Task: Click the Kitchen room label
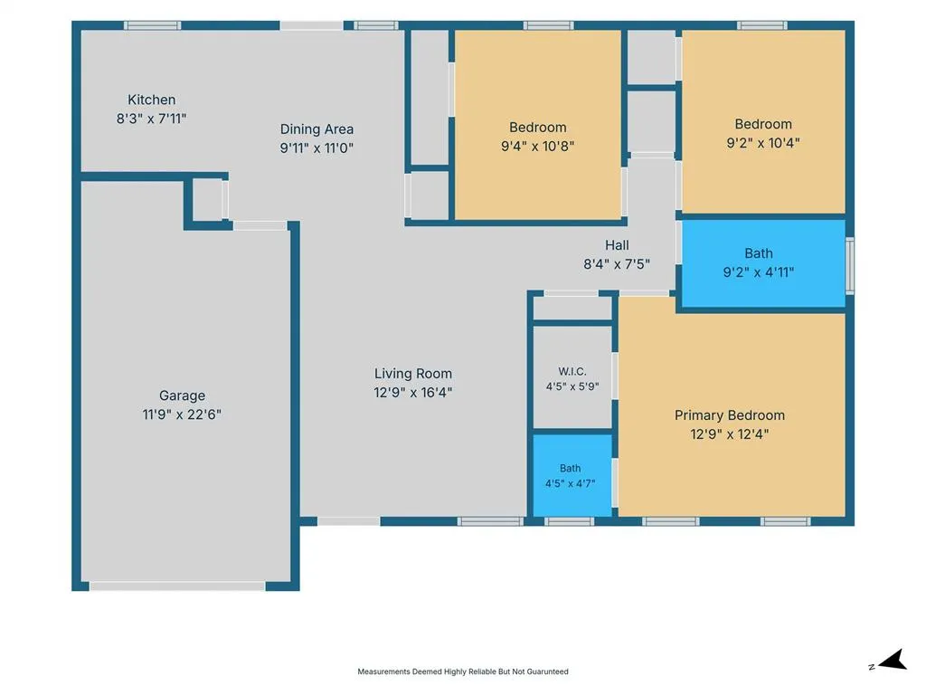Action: pyautogui.click(x=151, y=100)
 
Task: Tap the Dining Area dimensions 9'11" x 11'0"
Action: pyautogui.click(x=317, y=148)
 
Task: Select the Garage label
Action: pyautogui.click(x=182, y=395)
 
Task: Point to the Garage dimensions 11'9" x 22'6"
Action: pyautogui.click(x=182, y=414)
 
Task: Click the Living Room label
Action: pyautogui.click(x=412, y=374)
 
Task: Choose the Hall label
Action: pyautogui.click(x=617, y=244)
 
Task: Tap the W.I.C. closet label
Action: pyautogui.click(x=572, y=371)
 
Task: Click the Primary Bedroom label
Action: pyautogui.click(x=730, y=415)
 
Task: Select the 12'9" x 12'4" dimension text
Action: pyautogui.click(x=730, y=434)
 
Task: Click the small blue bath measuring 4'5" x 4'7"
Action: pyautogui.click(x=572, y=476)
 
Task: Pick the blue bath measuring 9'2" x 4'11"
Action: pyautogui.click(x=763, y=263)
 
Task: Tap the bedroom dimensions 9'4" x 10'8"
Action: pyautogui.click(x=537, y=146)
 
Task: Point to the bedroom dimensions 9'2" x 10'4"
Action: pyautogui.click(x=763, y=143)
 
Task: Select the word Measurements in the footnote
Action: pyautogui.click(x=383, y=671)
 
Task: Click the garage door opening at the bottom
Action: pyautogui.click(x=177, y=586)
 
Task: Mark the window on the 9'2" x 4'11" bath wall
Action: pyautogui.click(x=850, y=265)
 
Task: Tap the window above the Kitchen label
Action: pyautogui.click(x=152, y=25)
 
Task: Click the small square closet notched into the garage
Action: pyautogui.click(x=207, y=200)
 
